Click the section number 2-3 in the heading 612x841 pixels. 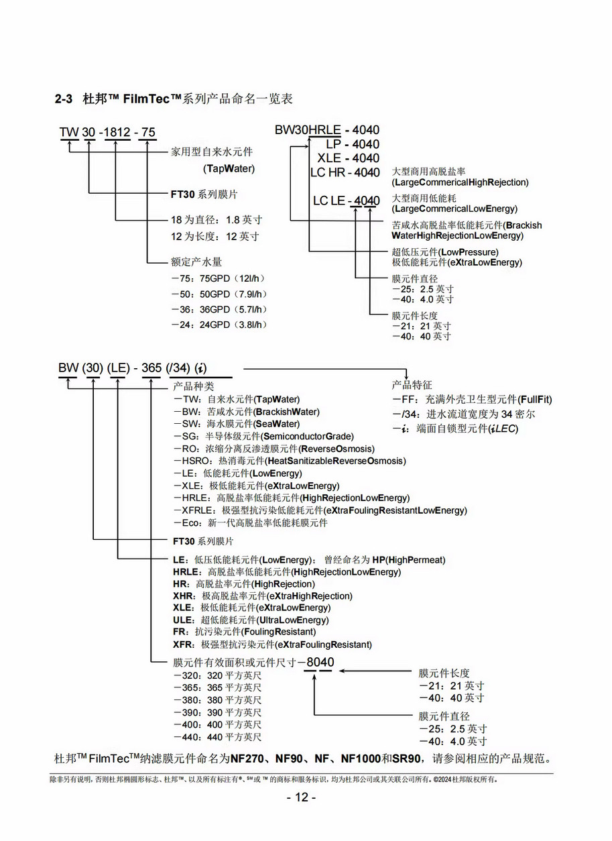click(63, 99)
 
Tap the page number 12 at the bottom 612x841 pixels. click(301, 797)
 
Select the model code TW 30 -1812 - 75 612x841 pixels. click(107, 132)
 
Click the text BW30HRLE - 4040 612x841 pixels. click(326, 130)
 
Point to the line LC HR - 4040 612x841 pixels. click(345, 172)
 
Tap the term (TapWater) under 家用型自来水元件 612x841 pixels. click(229, 169)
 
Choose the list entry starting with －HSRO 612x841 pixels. click(289, 461)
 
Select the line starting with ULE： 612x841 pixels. click(251, 620)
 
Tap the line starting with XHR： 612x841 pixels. click(262, 596)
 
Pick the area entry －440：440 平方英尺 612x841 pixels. click(217, 737)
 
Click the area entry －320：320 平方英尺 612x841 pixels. click(217, 675)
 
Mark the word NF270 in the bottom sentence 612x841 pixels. click(250, 760)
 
